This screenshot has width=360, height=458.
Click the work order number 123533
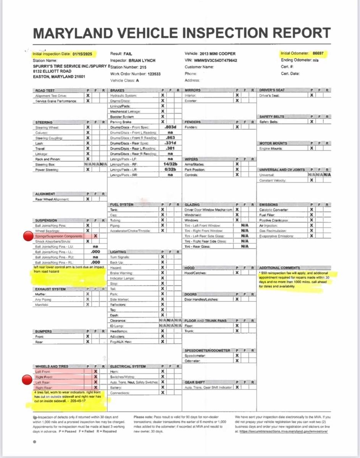click(152, 74)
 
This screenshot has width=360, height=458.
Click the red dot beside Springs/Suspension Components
click(27, 236)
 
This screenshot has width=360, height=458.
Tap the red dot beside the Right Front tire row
click(27, 379)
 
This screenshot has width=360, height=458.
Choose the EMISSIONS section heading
click(268, 205)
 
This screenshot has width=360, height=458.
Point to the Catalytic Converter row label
click(274, 210)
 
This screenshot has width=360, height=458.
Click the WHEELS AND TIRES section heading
click(52, 366)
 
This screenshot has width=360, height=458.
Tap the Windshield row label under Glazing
click(194, 215)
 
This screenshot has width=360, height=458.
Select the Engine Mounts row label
click(270, 148)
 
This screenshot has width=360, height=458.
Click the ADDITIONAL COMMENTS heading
click(279, 268)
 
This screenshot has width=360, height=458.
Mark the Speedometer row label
click(195, 356)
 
